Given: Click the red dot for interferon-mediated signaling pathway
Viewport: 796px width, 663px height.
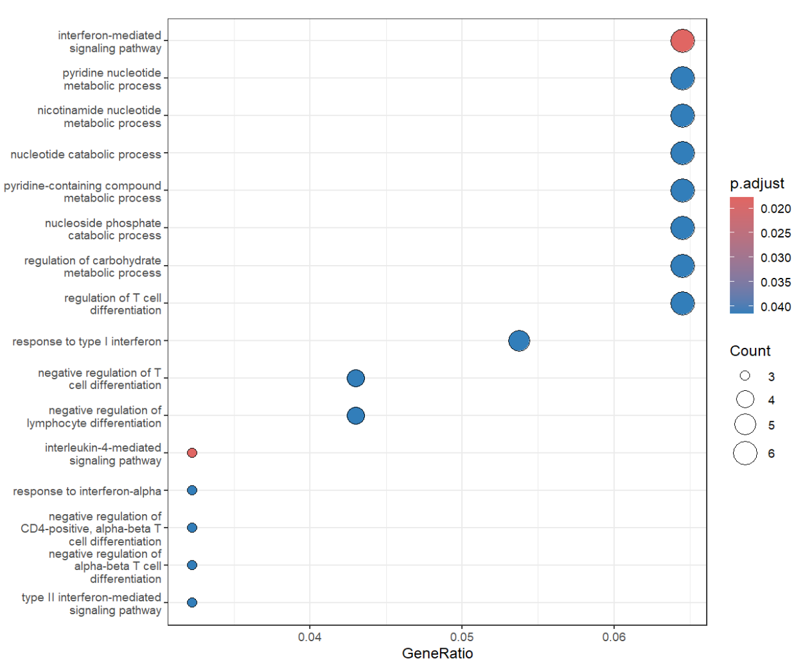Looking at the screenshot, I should point(682,40).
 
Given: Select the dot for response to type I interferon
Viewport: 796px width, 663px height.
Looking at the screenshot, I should point(518,341).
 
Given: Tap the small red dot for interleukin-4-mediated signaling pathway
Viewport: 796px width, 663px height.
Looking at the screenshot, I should point(191,453).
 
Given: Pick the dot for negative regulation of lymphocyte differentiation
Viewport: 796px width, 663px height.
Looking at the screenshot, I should point(355,416).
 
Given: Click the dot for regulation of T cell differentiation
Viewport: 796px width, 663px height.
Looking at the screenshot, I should point(682,303).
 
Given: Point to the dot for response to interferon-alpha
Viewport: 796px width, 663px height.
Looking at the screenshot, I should point(191,490).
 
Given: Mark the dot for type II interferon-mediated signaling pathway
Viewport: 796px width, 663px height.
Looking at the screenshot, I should point(191,603).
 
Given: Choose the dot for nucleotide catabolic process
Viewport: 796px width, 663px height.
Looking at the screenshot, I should point(682,153).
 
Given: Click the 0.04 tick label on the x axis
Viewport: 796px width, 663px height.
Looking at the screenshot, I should point(310,637).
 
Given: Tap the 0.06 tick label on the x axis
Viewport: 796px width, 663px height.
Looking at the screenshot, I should point(614,637).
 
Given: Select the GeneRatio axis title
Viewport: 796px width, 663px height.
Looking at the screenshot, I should point(438,653).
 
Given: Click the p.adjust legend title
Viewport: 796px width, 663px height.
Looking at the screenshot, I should point(757,184).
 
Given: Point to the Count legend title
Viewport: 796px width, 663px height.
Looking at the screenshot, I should point(750,351).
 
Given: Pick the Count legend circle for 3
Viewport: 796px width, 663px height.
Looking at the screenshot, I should point(745,375).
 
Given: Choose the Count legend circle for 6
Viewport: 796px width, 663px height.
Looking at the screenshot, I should point(745,453).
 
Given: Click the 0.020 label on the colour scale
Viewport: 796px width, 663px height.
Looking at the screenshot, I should point(775,209).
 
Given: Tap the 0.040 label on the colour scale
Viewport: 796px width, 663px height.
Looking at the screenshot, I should point(775,307).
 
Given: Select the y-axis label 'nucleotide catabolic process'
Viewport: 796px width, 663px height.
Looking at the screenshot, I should point(85,155).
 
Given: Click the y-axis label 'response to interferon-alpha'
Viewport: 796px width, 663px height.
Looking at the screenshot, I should point(87,492).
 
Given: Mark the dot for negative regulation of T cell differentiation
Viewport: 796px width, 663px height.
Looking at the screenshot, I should point(355,378).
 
